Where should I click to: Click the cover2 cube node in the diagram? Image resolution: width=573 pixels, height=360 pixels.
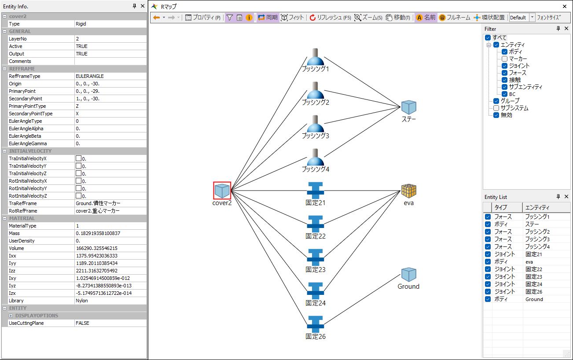(x=222, y=191)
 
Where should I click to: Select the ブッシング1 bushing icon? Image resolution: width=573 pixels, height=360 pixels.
(x=315, y=58)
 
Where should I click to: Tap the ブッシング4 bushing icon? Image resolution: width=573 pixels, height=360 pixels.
(x=315, y=158)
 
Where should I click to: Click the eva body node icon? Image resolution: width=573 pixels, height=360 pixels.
(x=409, y=191)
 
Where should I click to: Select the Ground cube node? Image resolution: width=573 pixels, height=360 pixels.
(x=409, y=275)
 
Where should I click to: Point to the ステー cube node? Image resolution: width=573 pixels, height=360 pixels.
(x=409, y=107)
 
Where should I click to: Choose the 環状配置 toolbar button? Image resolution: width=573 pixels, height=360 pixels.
(x=489, y=18)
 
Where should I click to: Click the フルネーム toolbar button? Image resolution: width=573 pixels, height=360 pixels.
(x=454, y=18)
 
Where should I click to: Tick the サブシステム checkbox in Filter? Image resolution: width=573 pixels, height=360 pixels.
(x=496, y=108)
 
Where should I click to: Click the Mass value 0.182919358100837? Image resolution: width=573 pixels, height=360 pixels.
(x=98, y=233)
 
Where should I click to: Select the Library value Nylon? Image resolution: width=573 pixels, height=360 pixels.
(x=82, y=301)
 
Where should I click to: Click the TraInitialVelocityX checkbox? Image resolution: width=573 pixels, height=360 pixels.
(x=79, y=158)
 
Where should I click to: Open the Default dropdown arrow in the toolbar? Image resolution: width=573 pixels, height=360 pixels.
(x=533, y=18)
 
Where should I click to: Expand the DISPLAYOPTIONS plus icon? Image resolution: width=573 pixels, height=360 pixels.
(x=11, y=316)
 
